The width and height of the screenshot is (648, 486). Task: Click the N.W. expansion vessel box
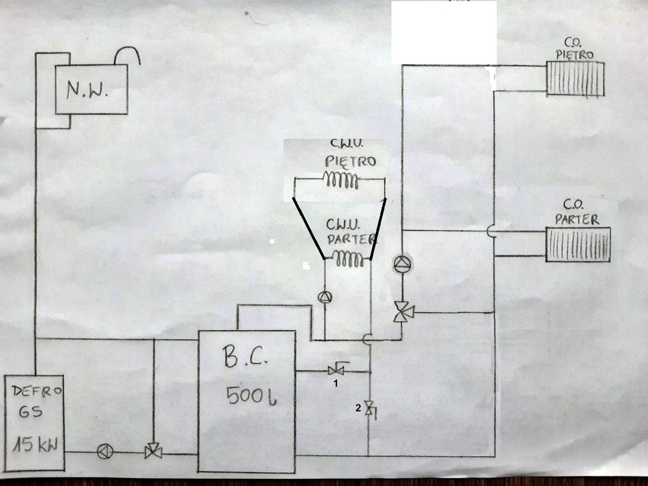(x=89, y=90)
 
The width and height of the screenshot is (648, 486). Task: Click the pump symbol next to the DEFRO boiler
(x=103, y=452)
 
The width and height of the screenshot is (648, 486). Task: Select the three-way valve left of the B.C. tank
(x=154, y=452)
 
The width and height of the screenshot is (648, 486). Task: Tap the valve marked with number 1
(x=336, y=371)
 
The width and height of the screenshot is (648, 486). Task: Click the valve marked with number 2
(x=369, y=408)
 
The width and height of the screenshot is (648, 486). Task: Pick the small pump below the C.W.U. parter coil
(x=324, y=296)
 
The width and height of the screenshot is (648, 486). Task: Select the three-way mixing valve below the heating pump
(x=402, y=312)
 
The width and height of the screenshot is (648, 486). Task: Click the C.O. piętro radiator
(x=575, y=78)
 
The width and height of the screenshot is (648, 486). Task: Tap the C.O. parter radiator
(x=578, y=244)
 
